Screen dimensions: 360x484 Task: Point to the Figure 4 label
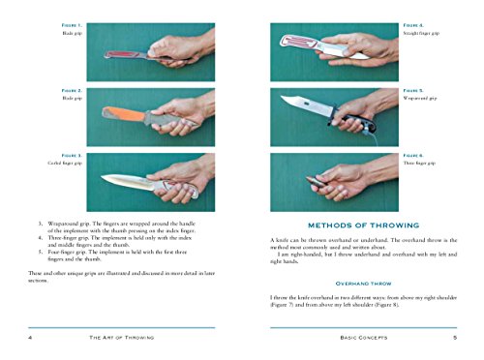[413, 23]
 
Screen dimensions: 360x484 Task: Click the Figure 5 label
[413, 90]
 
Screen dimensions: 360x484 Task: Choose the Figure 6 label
[413, 155]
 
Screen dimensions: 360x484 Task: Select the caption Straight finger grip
[422, 32]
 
